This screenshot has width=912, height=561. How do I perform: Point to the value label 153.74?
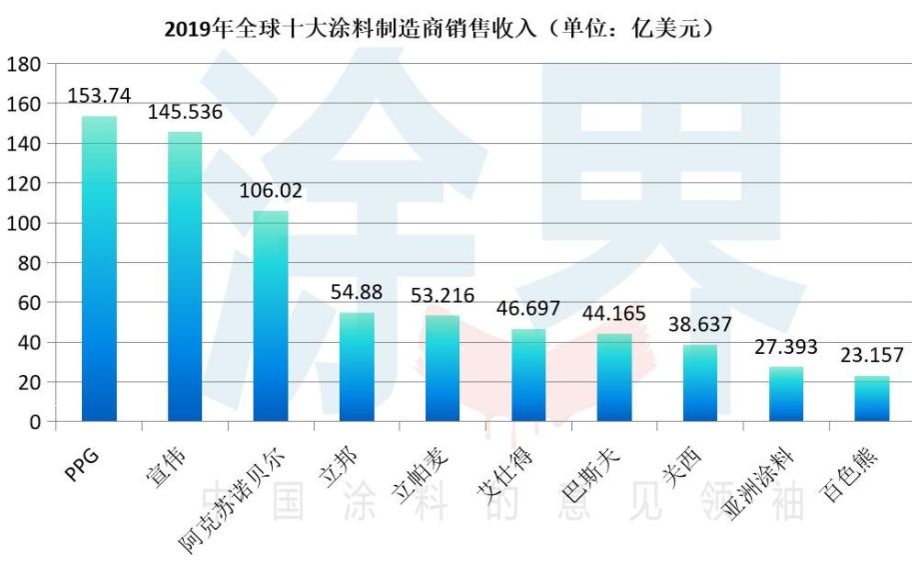(99, 96)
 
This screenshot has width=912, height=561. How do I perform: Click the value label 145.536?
(185, 112)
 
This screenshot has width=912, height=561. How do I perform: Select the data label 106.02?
(271, 190)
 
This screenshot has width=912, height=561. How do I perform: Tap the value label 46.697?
(528, 308)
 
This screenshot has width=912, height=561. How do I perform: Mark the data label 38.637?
(700, 324)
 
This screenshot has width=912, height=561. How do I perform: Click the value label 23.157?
(872, 355)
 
